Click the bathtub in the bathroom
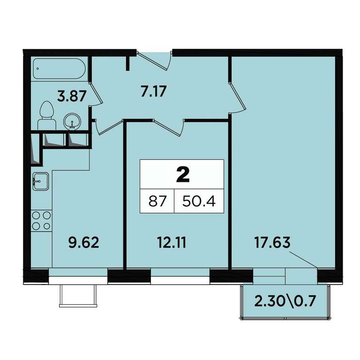click(59, 68)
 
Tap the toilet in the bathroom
click(47, 115)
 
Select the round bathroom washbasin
click(72, 121)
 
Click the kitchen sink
click(41, 181)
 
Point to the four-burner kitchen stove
click(41, 221)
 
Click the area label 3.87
click(72, 96)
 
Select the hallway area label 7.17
click(153, 91)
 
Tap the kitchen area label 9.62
click(84, 242)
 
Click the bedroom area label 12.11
click(172, 242)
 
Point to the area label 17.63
click(272, 242)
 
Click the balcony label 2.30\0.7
click(285, 301)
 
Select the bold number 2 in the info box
click(183, 174)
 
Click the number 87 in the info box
click(157, 202)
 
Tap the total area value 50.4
click(199, 202)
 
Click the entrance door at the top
click(154, 60)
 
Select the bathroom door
click(96, 94)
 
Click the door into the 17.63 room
click(237, 97)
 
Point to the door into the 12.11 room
click(169, 127)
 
